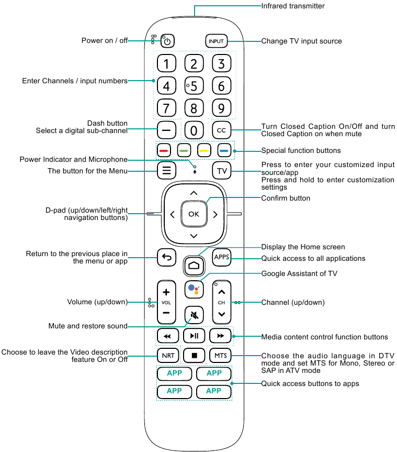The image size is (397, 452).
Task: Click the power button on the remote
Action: click(167, 41)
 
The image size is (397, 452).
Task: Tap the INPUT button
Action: click(216, 41)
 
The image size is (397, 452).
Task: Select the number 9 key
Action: click(221, 108)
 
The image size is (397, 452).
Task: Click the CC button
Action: click(221, 130)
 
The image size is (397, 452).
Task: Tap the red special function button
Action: click(164, 151)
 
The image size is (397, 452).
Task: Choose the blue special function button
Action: click(224, 151)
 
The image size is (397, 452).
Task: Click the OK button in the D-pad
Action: click(194, 214)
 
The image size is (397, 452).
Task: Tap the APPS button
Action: click(221, 257)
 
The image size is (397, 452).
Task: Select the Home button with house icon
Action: click(194, 266)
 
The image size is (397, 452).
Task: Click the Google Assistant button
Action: click(194, 290)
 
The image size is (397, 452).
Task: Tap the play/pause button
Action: click(194, 336)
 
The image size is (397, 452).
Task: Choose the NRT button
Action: click(168, 356)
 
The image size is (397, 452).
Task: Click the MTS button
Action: click(220, 356)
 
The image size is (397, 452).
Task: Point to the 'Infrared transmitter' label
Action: click(293, 6)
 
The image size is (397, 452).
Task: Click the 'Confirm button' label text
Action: click(286, 199)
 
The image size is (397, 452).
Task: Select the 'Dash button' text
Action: click(107, 124)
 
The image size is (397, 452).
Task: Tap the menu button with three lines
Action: click(166, 170)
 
